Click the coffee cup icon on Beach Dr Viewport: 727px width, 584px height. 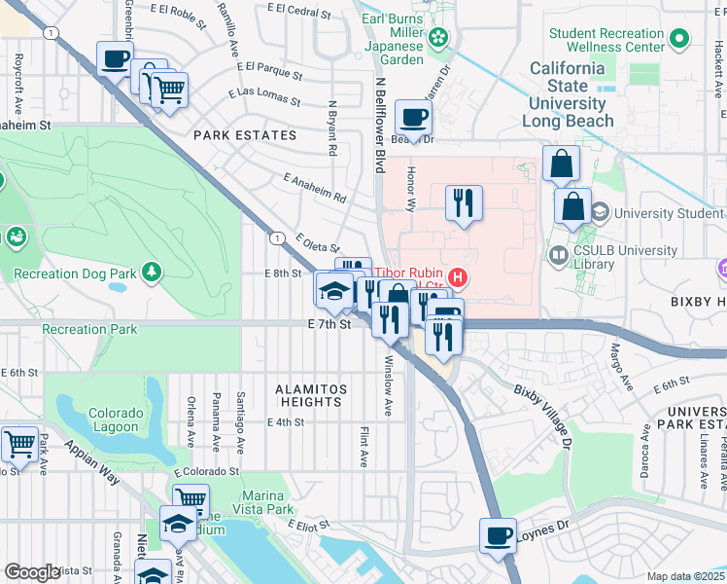click(x=414, y=119)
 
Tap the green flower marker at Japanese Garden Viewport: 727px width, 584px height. click(x=439, y=37)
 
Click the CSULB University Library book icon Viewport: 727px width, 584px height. click(x=559, y=257)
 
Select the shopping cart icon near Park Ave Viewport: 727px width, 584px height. click(x=19, y=445)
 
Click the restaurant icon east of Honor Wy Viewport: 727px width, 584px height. click(x=464, y=202)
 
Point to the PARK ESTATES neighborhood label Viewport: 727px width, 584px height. click(x=245, y=135)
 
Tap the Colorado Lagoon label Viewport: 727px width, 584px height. click(x=117, y=420)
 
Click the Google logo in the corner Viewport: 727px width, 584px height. click(x=31, y=572)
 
